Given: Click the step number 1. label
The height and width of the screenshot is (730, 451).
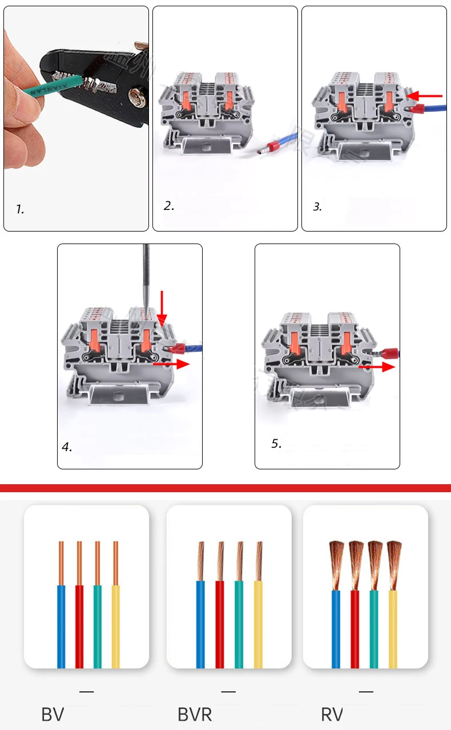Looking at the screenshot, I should (x=20, y=209).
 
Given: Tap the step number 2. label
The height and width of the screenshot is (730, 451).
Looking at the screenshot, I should (x=168, y=206).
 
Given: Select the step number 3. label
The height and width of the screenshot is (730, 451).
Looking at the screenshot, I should (x=317, y=207).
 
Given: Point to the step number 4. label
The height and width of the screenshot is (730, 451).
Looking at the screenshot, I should (x=67, y=447).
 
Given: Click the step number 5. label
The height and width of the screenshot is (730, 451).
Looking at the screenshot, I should (x=276, y=443).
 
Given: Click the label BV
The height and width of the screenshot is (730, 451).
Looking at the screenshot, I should (x=53, y=714).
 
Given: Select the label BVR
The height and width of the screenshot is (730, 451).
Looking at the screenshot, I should (x=195, y=714).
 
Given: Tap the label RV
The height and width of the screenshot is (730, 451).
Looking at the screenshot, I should (x=332, y=714).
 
